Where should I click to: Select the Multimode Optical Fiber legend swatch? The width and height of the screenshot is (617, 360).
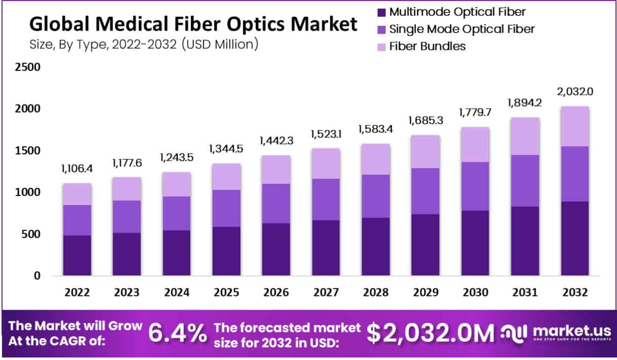pos(382,12)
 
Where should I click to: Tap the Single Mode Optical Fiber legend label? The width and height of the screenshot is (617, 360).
pos(462,29)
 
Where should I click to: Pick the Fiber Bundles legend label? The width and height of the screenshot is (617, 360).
pos(427,46)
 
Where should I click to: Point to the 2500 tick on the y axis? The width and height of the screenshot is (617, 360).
pos(28,67)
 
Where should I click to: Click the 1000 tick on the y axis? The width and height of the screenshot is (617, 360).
pos(28,192)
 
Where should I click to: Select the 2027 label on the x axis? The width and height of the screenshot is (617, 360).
pos(326,293)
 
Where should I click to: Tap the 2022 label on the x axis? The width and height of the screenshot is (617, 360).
pos(77,293)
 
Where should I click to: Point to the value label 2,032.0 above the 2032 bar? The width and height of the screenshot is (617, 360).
pos(575,92)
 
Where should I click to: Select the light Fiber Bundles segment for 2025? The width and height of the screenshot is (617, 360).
pos(226,177)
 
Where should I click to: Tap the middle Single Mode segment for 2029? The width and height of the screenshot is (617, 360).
pos(425,191)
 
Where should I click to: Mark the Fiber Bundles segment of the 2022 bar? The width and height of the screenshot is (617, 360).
pos(77,194)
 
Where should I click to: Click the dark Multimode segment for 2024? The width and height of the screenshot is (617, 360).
pos(177,253)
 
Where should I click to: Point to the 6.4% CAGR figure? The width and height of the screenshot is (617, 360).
pos(178,334)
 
